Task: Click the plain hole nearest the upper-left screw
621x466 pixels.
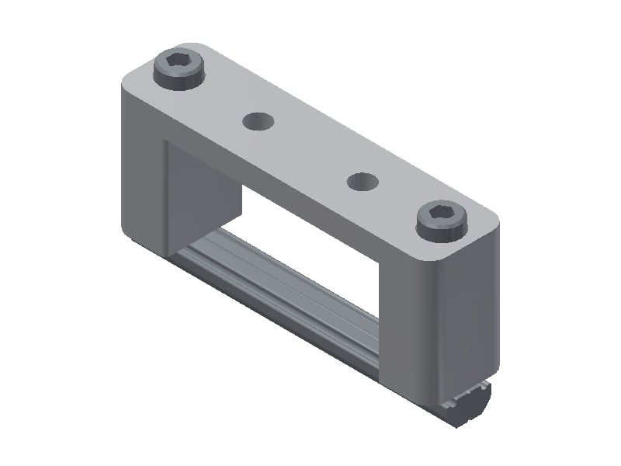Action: pos(258,120)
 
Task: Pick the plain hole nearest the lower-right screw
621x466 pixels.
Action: pos(362,182)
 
